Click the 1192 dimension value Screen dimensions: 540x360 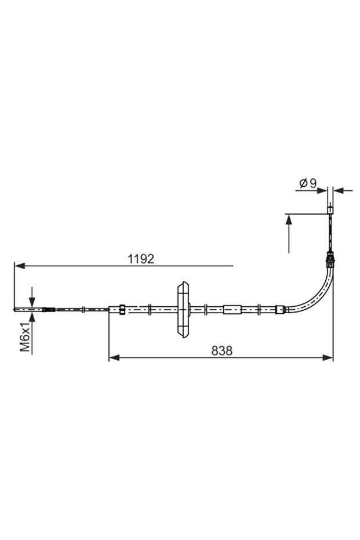(x=141, y=259)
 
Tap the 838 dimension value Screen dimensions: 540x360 (x=221, y=351)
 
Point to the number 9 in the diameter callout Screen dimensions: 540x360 (x=313, y=183)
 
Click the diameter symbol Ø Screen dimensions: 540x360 (x=303, y=183)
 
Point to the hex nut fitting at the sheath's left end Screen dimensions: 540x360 (x=122, y=310)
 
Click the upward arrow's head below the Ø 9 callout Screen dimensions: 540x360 (x=288, y=219)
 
